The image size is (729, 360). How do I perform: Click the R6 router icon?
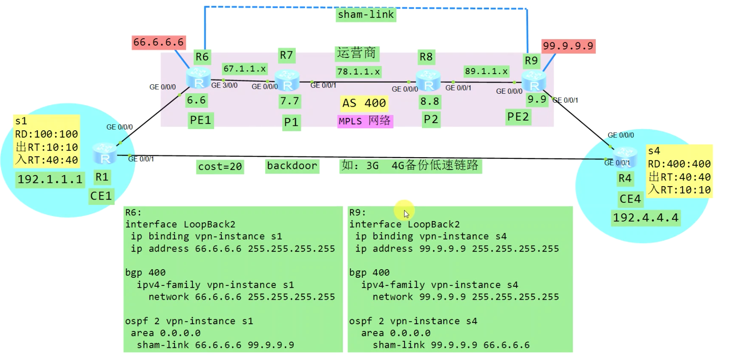[198, 78]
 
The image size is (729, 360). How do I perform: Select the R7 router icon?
[287, 80]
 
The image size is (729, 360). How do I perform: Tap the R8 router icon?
[428, 80]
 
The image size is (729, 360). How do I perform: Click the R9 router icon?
[534, 81]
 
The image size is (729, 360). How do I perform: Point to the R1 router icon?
[105, 154]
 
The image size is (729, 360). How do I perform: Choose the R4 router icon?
[626, 157]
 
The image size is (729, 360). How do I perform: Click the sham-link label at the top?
[366, 15]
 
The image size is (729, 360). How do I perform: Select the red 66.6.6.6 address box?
[159, 42]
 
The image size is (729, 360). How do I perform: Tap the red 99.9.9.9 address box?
[568, 46]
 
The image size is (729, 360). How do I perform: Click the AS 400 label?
[364, 103]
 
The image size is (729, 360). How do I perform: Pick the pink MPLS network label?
[365, 121]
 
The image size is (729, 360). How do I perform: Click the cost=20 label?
[220, 167]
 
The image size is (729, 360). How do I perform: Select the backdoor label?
[292, 166]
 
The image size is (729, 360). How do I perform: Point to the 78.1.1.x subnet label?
[358, 72]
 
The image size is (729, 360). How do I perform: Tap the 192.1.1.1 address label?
[50, 179]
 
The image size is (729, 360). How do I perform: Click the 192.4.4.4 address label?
[646, 218]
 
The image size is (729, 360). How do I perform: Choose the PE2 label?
[518, 117]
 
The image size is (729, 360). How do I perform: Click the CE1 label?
[101, 196]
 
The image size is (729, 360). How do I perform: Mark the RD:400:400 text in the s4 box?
[679, 164]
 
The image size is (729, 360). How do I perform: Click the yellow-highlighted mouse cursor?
[405, 212]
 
